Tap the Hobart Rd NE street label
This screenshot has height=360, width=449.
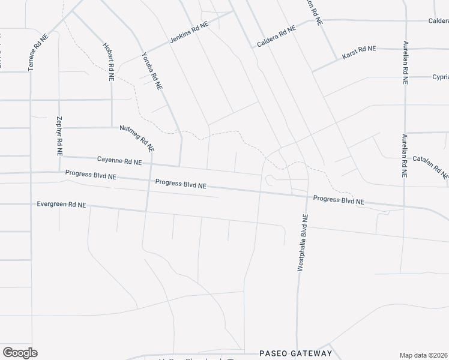click(x=109, y=61)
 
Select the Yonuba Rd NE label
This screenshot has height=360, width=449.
click(x=152, y=71)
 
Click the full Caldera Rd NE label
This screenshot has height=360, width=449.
click(x=277, y=37)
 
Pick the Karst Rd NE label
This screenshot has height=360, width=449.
click(x=358, y=52)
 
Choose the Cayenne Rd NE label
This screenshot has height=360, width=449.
click(x=119, y=161)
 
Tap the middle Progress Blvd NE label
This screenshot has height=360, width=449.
click(x=181, y=184)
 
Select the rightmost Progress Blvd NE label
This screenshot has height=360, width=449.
click(x=339, y=200)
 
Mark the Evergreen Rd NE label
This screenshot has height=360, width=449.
click(x=62, y=205)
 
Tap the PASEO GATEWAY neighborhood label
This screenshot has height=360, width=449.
click(x=295, y=353)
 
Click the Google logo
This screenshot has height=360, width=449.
click(x=20, y=353)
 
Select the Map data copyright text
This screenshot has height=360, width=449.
click(x=424, y=355)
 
